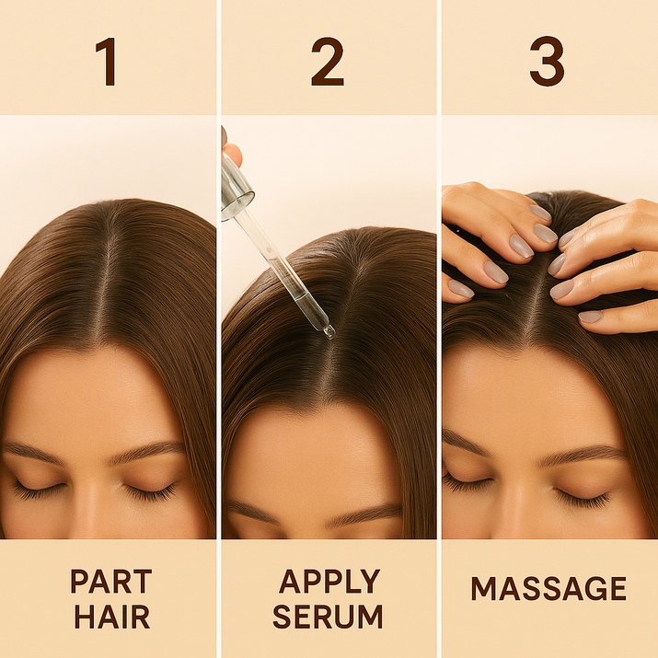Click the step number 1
[x=107, y=62]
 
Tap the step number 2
[x=328, y=62]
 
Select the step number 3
[x=547, y=62]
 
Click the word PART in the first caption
[x=111, y=582]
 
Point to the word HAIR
[x=112, y=616]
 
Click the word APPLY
[x=329, y=582]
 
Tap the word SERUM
[x=328, y=616]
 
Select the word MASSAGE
[x=548, y=588]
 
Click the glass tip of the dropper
[x=329, y=332]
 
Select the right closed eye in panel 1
[x=150, y=491]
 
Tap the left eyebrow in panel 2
[x=251, y=511]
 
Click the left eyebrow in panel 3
[x=466, y=443]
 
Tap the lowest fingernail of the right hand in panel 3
[x=590, y=317]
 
